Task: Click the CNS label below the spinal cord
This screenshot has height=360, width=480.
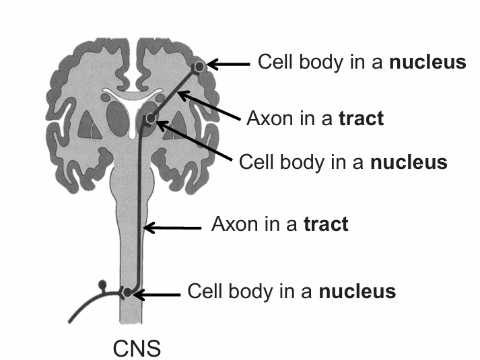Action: point(136,349)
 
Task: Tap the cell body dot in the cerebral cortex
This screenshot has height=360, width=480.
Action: point(199,66)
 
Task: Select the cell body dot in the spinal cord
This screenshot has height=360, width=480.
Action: point(127,293)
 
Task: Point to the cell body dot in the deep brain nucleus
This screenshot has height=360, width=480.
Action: point(151,119)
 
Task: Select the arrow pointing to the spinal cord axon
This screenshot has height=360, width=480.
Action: point(172,229)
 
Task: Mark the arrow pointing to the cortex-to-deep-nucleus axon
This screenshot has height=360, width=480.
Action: point(209,108)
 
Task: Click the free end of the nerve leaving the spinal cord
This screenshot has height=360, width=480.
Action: point(72,321)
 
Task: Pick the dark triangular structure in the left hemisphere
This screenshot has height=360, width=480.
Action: point(86,125)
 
